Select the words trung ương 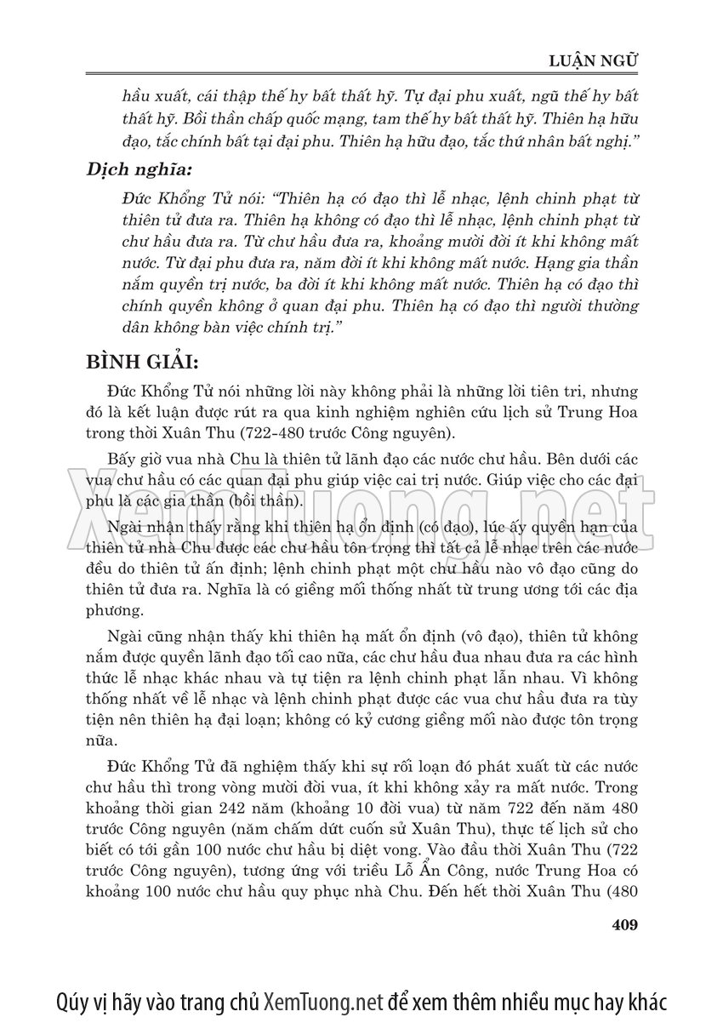(x=427, y=592)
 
